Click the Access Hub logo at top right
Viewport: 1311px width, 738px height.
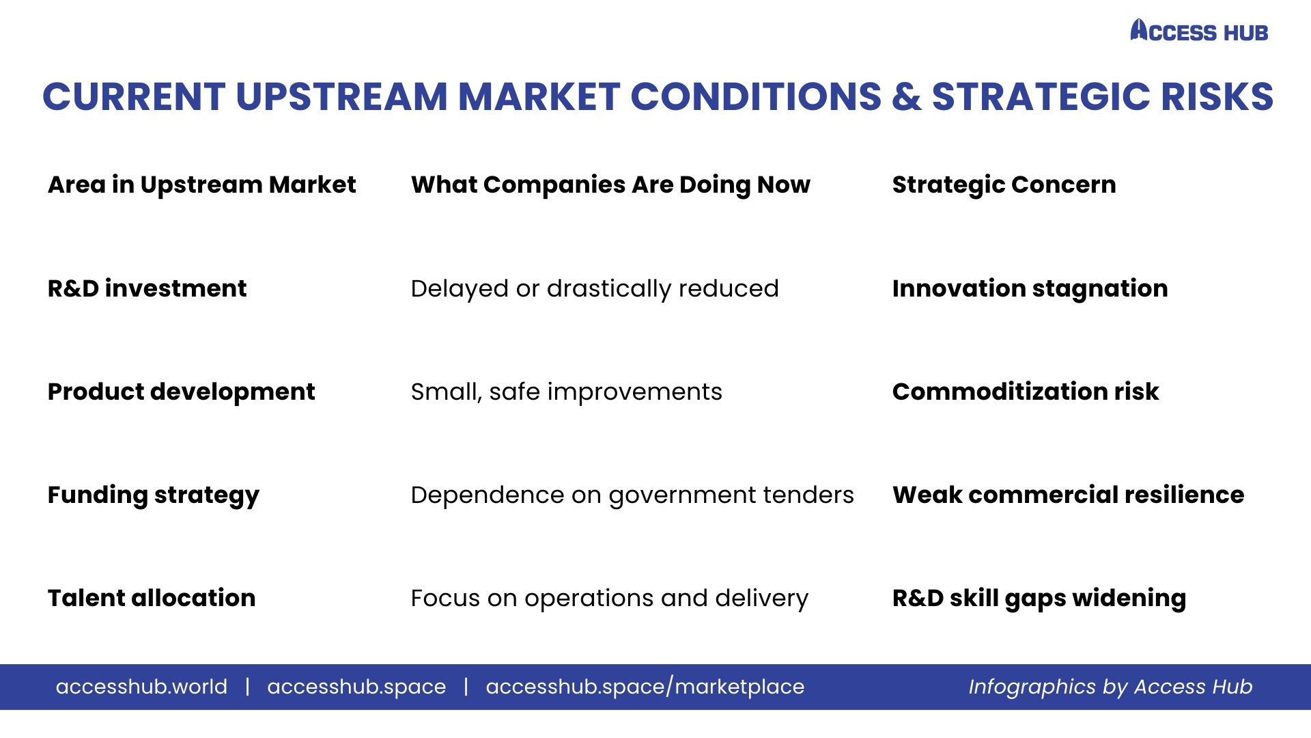[1199, 31]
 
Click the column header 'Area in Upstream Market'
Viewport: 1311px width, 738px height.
[202, 184]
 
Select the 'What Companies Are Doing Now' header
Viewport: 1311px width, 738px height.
[610, 185]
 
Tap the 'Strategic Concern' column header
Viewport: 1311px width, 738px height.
[1004, 185]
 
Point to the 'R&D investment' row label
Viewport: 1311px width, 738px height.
[147, 288]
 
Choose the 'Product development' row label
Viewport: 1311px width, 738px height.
[181, 392]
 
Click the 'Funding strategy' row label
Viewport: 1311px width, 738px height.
[154, 495]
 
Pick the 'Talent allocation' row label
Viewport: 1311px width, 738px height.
[152, 598]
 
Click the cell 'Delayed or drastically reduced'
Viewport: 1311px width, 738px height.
[595, 289]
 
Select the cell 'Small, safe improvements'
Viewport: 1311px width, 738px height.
[566, 392]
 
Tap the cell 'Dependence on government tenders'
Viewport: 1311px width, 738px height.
[632, 495]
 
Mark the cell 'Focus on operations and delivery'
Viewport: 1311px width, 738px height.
[609, 599]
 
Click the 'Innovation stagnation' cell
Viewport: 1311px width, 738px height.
[1030, 289]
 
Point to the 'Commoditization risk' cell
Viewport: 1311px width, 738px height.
[1026, 392]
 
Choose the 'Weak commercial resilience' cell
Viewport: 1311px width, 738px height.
[1068, 495]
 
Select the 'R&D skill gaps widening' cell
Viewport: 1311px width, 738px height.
[1039, 599]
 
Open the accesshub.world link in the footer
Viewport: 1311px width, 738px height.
[141, 687]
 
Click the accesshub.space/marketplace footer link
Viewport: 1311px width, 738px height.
[645, 687]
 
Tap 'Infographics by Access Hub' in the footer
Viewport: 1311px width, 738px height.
[1110, 687]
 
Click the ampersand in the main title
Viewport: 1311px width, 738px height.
[906, 96]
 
